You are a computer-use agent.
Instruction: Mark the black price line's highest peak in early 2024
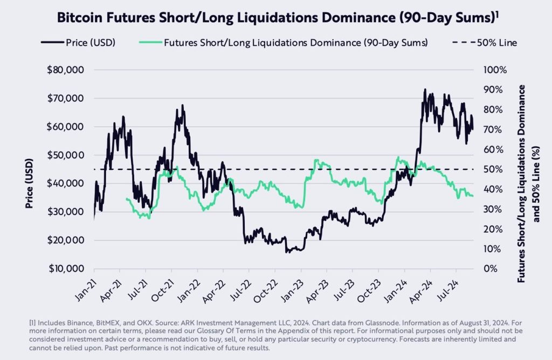click(425, 90)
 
